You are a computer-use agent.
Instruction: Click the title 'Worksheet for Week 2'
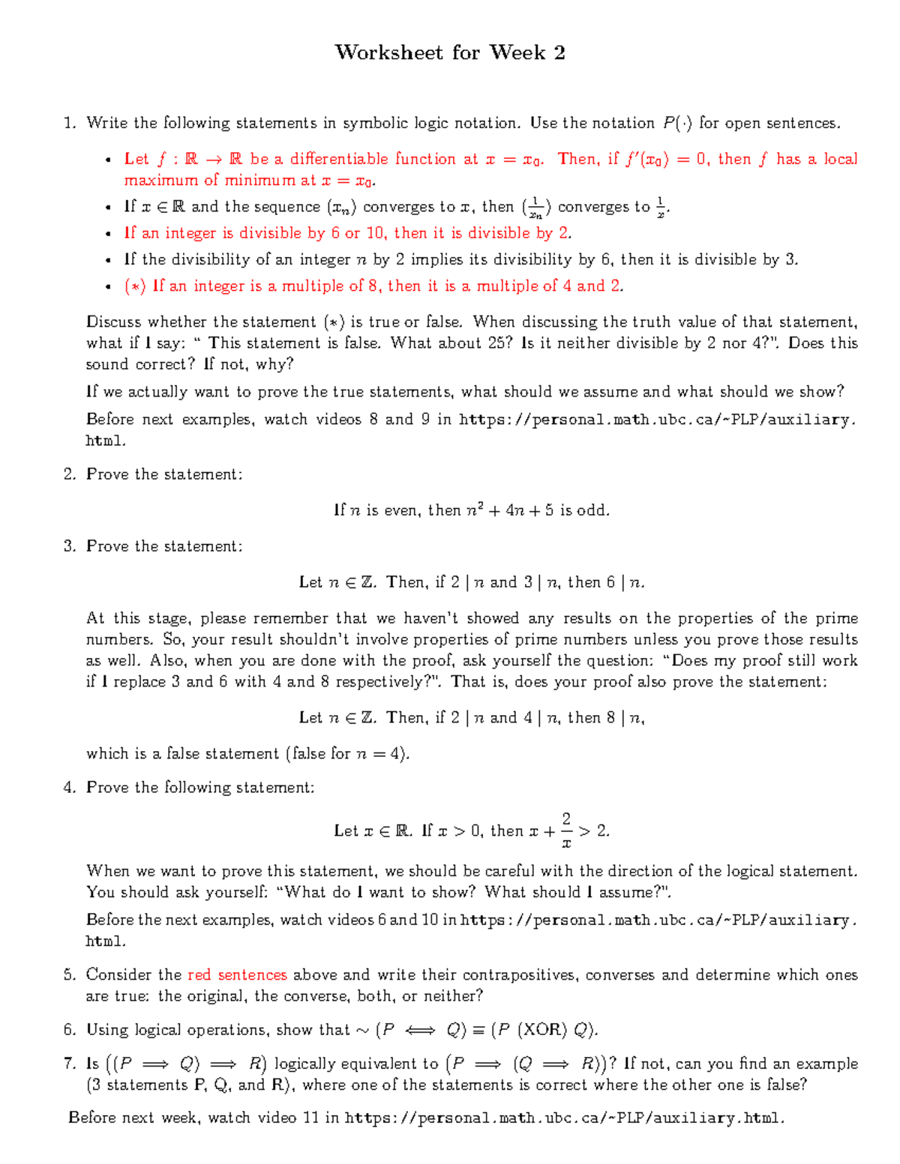click(x=450, y=52)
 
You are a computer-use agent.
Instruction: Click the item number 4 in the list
click(x=69, y=787)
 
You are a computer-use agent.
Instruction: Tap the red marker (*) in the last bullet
click(x=135, y=286)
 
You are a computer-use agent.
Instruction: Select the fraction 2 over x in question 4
click(x=566, y=830)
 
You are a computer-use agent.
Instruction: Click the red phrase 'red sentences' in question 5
click(x=237, y=974)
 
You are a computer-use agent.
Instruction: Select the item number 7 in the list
click(x=69, y=1064)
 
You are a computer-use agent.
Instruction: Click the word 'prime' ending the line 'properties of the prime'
click(x=836, y=618)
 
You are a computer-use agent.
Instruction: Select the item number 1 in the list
click(x=69, y=123)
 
